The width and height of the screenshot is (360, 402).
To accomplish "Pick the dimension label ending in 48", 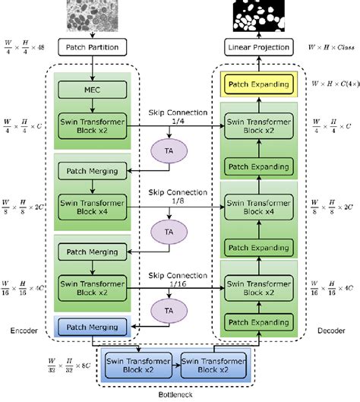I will pyautogui.click(x=27, y=47).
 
